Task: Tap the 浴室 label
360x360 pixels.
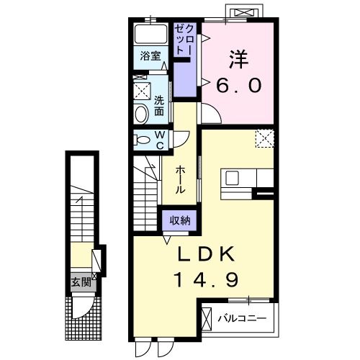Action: [x=149, y=56]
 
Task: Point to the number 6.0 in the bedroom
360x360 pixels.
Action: [x=239, y=84]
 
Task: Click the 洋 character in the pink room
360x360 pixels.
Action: [x=239, y=56]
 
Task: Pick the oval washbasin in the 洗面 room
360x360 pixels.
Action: [x=141, y=112]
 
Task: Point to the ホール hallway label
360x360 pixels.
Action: [x=181, y=179]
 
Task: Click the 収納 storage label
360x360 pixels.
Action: [x=180, y=221]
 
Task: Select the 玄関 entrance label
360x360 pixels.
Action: [x=80, y=282]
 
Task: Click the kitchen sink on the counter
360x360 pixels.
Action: [x=233, y=177]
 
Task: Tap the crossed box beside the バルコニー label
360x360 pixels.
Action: [x=207, y=318]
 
